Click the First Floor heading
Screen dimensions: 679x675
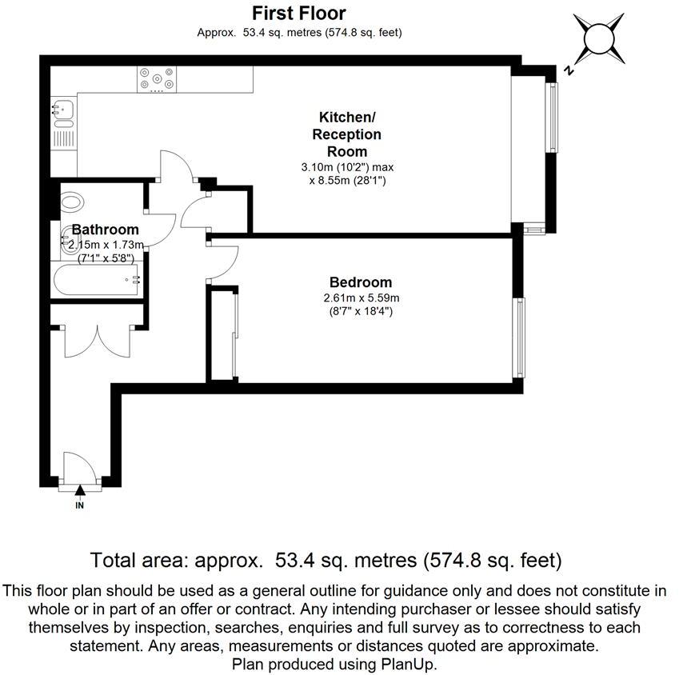tap(299, 14)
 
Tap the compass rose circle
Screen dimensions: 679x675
tap(599, 39)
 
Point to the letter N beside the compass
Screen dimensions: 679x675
tap(569, 70)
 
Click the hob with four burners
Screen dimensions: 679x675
tap(157, 79)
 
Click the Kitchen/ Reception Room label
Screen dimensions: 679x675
tap(347, 134)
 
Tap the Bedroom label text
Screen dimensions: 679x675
tap(361, 282)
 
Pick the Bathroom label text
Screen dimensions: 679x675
tap(106, 230)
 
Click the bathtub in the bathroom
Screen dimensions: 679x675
tap(96, 279)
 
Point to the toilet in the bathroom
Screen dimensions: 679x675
tap(71, 202)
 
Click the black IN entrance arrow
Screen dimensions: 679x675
tap(80, 490)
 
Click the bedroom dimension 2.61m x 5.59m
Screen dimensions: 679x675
tap(361, 298)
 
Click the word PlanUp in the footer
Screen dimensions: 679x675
tap(408, 664)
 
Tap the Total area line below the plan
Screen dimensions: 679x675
tap(326, 561)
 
